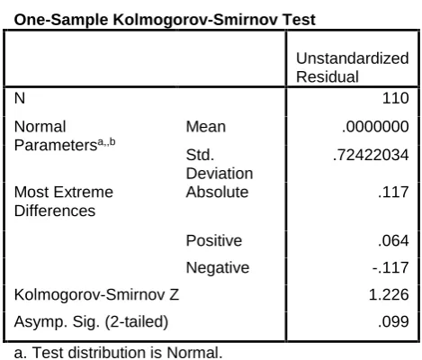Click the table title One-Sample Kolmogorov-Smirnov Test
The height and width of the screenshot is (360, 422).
coord(165,21)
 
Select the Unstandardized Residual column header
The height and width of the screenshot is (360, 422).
coord(352,67)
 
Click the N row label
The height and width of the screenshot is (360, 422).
coord(20,98)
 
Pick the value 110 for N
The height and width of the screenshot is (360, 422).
coord(395,98)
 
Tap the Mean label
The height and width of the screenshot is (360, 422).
coord(206,127)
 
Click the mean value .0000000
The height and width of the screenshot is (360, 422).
coord(375,126)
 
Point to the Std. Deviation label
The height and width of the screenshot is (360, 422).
coord(220,164)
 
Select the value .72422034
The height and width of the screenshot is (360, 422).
coord(371,155)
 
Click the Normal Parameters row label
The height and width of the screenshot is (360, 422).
coord(65,136)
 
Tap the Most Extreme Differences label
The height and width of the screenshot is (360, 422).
coord(64,202)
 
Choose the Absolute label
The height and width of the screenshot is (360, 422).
coord(217,192)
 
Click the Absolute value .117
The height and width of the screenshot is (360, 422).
coord(393,192)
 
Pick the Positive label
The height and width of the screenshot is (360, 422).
coord(214,240)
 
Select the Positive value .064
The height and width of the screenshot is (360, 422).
coord(393,240)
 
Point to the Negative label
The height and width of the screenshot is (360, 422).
coord(218,267)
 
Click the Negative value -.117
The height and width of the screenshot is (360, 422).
coord(391,267)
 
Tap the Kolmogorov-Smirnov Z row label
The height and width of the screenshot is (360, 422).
coord(96,294)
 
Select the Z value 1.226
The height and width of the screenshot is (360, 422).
coord(389,294)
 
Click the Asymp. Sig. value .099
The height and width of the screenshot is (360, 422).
coord(393,321)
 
